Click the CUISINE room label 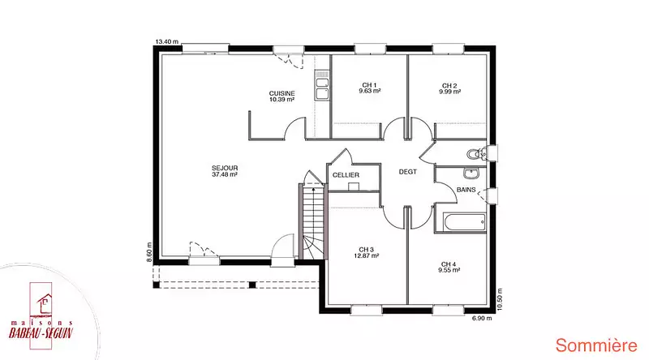(282, 93)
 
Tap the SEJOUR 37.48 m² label (225, 171)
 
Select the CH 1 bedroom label (370, 85)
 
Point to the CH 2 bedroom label (449, 86)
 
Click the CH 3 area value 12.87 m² (367, 255)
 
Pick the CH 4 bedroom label (449, 264)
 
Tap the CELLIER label (346, 175)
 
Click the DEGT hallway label (408, 172)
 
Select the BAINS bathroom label (466, 190)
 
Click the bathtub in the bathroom (460, 223)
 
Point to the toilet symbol (477, 154)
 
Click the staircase (313, 221)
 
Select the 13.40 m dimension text (167, 41)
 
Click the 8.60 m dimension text (149, 252)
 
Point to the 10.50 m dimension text (499, 299)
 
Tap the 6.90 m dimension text (482, 318)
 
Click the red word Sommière (596, 345)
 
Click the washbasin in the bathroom (471, 174)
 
